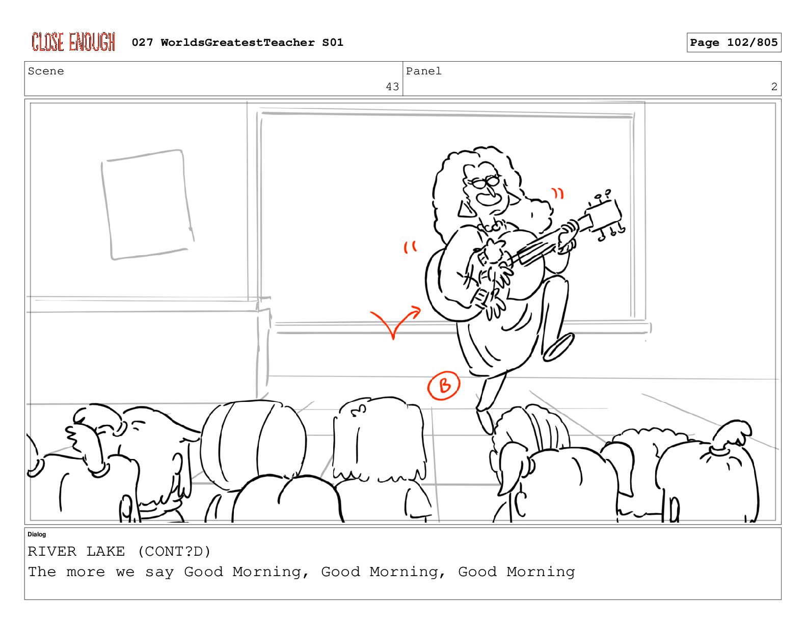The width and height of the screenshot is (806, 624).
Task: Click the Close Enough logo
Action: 73,42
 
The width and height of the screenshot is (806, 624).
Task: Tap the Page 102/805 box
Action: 733,42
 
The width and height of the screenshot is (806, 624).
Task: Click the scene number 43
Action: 392,87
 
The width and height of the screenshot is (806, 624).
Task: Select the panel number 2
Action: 774,87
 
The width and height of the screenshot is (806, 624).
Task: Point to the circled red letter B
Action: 444,385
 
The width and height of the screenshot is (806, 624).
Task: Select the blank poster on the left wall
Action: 147,204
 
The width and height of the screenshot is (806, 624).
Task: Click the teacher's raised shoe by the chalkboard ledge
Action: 558,347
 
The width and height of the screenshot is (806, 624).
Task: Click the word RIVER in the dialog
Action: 52,551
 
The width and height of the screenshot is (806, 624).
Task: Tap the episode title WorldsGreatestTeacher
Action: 238,42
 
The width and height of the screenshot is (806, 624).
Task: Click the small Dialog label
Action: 37,534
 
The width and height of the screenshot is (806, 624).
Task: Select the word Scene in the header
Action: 46,71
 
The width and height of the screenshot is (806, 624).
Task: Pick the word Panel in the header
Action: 423,71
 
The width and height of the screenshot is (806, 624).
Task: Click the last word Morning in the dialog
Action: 541,572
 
